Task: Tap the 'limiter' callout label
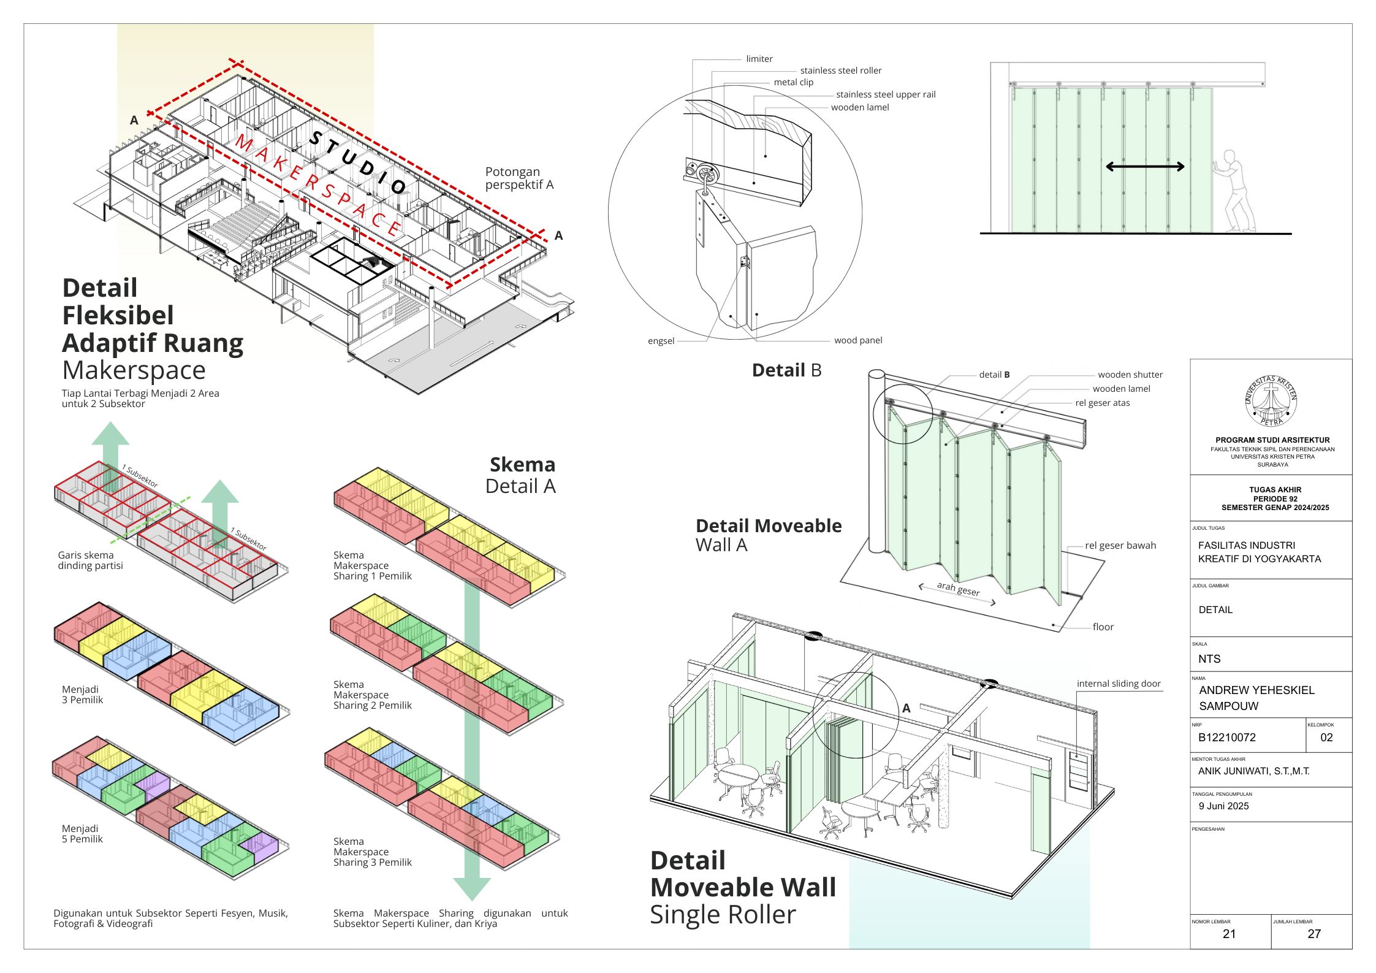pyautogui.click(x=759, y=59)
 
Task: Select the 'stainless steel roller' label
pyautogui.click(x=840, y=71)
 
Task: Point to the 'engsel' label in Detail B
pyautogui.click(x=661, y=341)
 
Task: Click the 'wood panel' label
pyautogui.click(x=857, y=340)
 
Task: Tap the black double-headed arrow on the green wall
pyautogui.click(x=1144, y=166)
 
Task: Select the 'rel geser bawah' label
pyautogui.click(x=1120, y=545)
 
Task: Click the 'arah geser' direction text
pyautogui.click(x=957, y=589)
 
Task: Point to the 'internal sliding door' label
pyautogui.click(x=1119, y=684)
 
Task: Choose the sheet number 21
pyautogui.click(x=1229, y=934)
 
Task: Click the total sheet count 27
pyautogui.click(x=1313, y=934)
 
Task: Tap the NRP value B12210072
pyautogui.click(x=1226, y=738)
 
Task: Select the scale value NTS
pyautogui.click(x=1209, y=659)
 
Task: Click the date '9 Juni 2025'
pyautogui.click(x=1223, y=806)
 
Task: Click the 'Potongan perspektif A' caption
pyautogui.click(x=519, y=178)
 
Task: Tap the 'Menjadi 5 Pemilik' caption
pyautogui.click(x=82, y=834)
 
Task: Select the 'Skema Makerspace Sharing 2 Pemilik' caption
pyautogui.click(x=372, y=695)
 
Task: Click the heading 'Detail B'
pyautogui.click(x=786, y=370)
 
